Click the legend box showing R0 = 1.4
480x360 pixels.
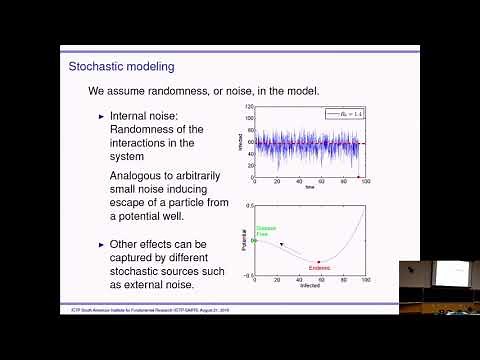tap(344, 114)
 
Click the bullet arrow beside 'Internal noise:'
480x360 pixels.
tap(101, 116)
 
